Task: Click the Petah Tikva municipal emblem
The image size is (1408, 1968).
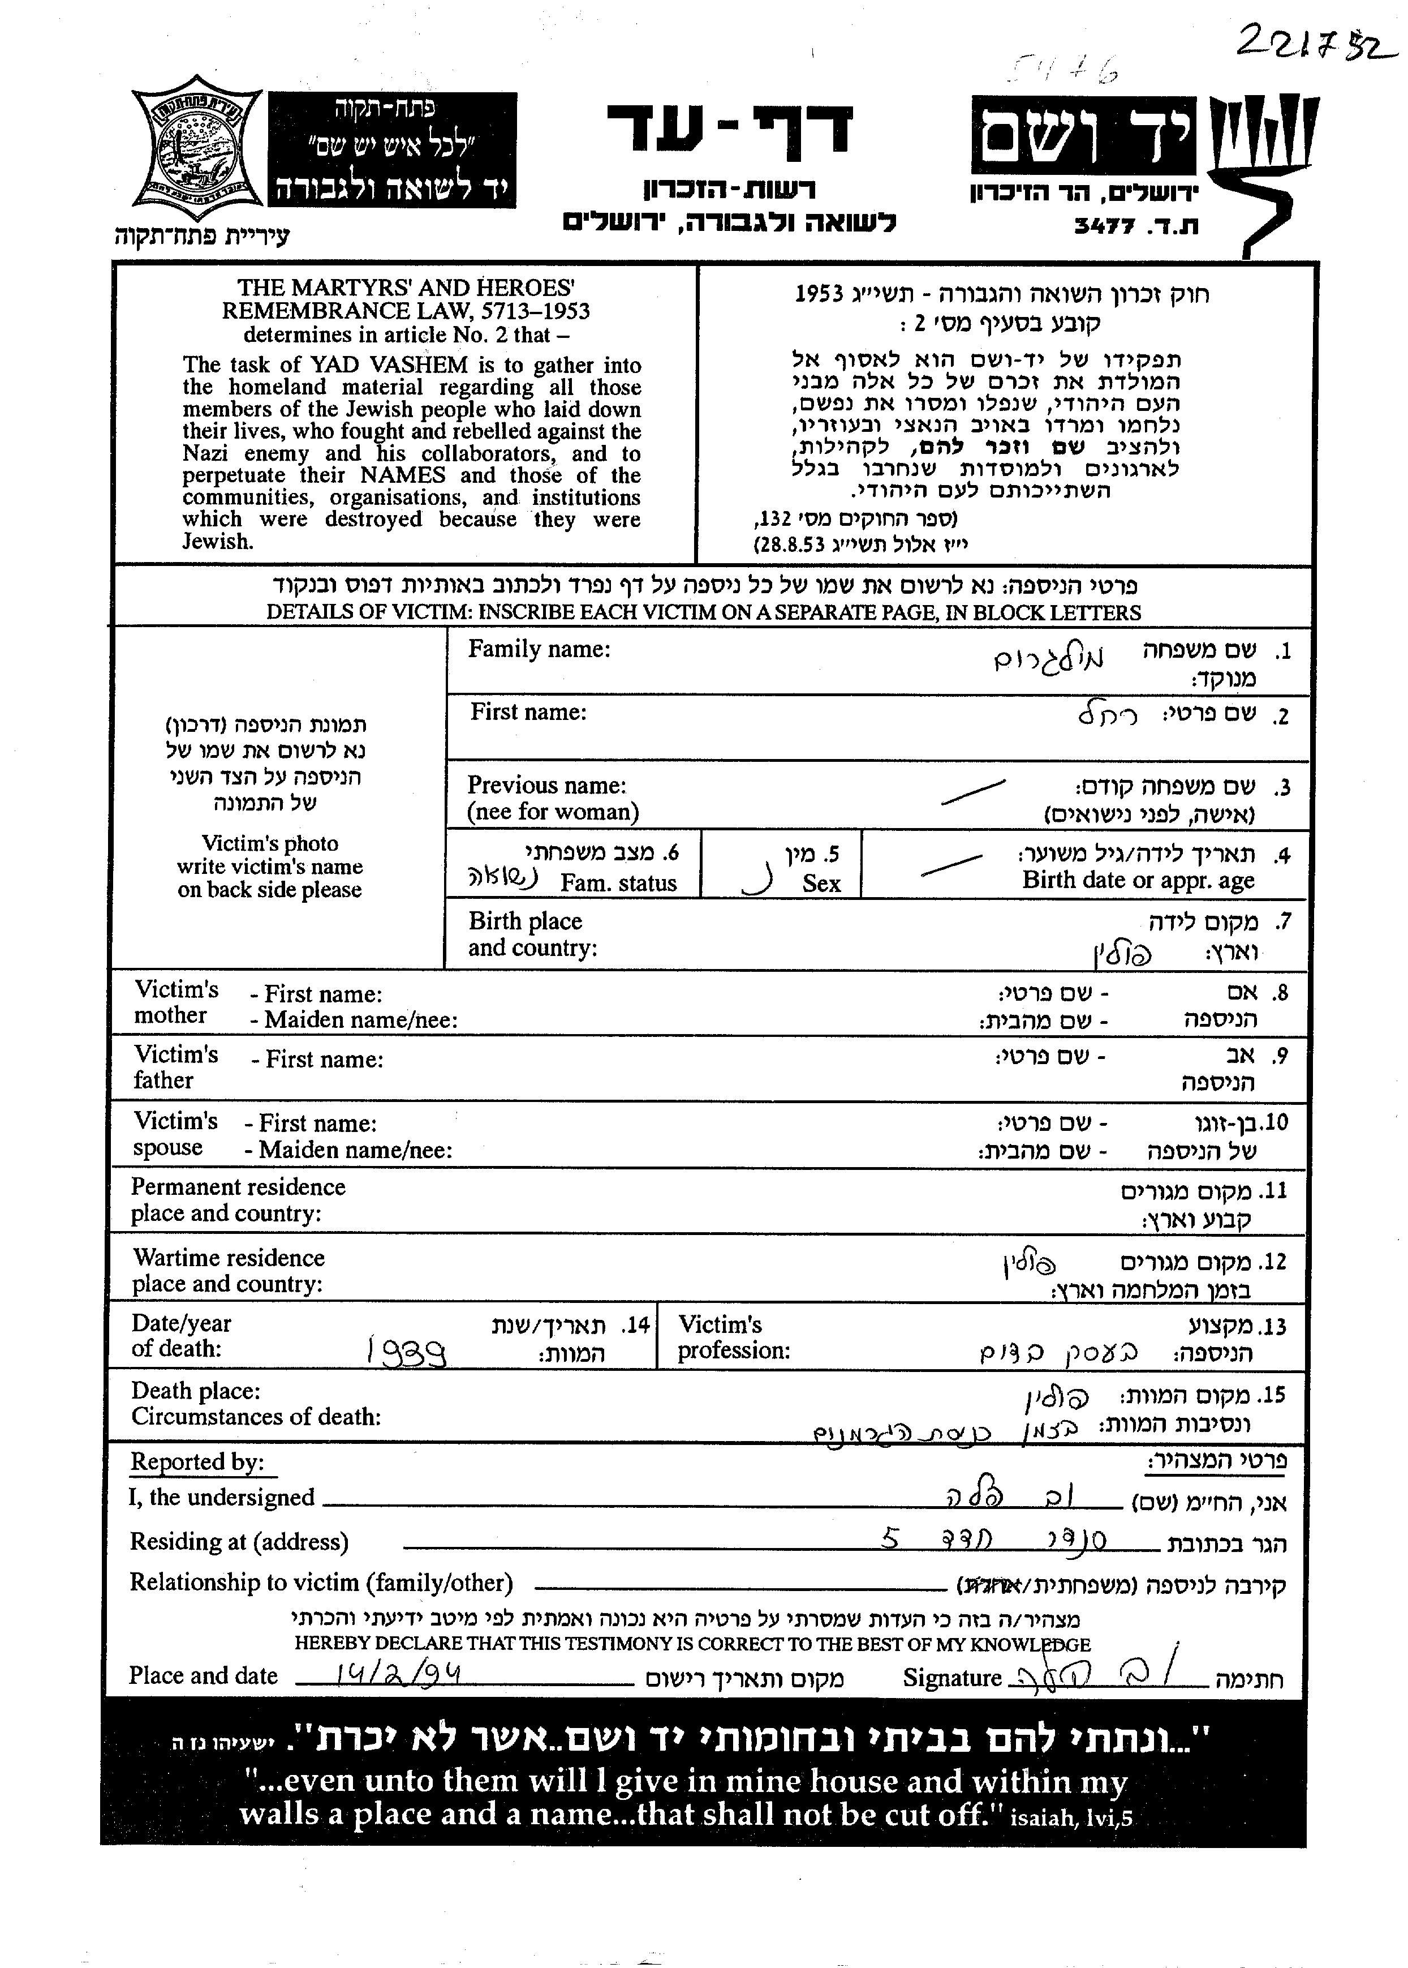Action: coord(196,148)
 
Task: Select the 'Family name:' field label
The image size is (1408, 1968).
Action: coord(539,650)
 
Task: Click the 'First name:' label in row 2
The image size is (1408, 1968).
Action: coord(528,713)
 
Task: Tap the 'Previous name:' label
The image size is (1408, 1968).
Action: coord(546,786)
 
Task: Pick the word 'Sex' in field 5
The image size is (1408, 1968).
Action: coord(820,884)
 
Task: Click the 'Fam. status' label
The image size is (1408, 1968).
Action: coord(618,884)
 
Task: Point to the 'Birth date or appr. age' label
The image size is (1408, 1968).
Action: coord(1138,880)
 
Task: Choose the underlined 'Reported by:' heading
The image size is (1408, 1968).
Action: coord(197,1463)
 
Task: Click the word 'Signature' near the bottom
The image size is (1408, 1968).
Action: coord(951,1678)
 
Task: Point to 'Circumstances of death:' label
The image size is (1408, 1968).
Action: coord(256,1417)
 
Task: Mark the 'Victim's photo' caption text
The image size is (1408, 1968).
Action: coord(270,844)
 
